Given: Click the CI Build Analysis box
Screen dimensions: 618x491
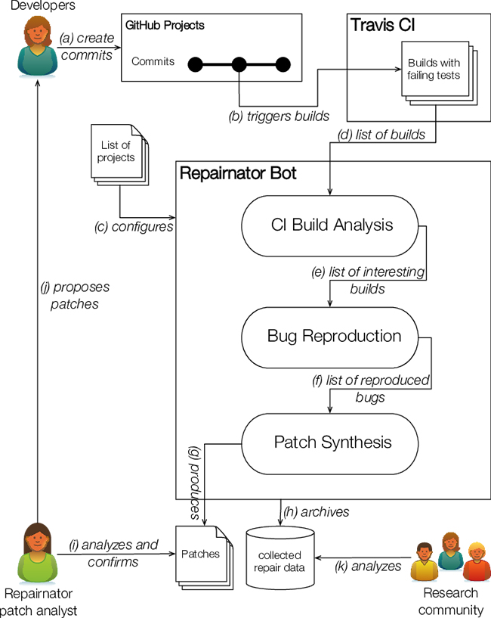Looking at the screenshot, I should (x=332, y=225).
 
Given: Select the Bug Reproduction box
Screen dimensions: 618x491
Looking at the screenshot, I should (x=334, y=336).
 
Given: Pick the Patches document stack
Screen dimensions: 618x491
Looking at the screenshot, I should (x=202, y=557).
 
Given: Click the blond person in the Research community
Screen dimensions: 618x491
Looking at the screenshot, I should (x=476, y=561).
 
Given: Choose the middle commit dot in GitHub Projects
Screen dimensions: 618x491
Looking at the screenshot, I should (x=239, y=64).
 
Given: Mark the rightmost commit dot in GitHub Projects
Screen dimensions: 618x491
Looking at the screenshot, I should (x=283, y=64).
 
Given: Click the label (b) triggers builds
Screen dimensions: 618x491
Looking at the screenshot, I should (x=279, y=116).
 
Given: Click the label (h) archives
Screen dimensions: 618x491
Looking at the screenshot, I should (x=317, y=511).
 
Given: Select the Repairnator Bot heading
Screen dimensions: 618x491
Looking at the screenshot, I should (x=238, y=173).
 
